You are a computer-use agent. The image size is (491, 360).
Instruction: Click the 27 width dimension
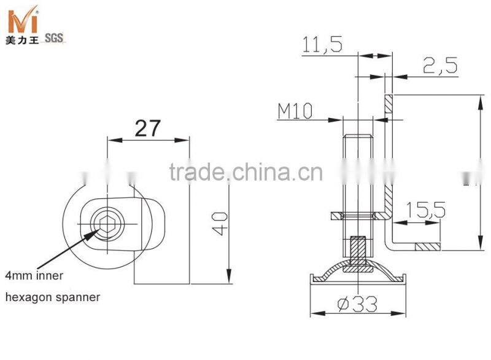(x=147, y=128)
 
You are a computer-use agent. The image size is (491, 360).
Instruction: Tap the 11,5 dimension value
(x=322, y=44)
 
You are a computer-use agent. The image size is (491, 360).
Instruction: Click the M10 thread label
(x=295, y=111)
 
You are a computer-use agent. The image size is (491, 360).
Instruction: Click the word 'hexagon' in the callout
(x=27, y=297)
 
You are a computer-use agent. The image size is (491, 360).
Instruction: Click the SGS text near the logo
(x=54, y=38)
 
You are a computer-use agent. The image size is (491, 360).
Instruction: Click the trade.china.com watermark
(x=245, y=172)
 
